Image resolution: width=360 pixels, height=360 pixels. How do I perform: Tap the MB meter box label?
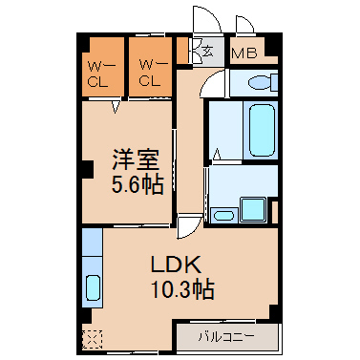pos(244,53)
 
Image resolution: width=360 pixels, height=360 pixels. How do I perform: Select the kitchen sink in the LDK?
pos(93,286)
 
